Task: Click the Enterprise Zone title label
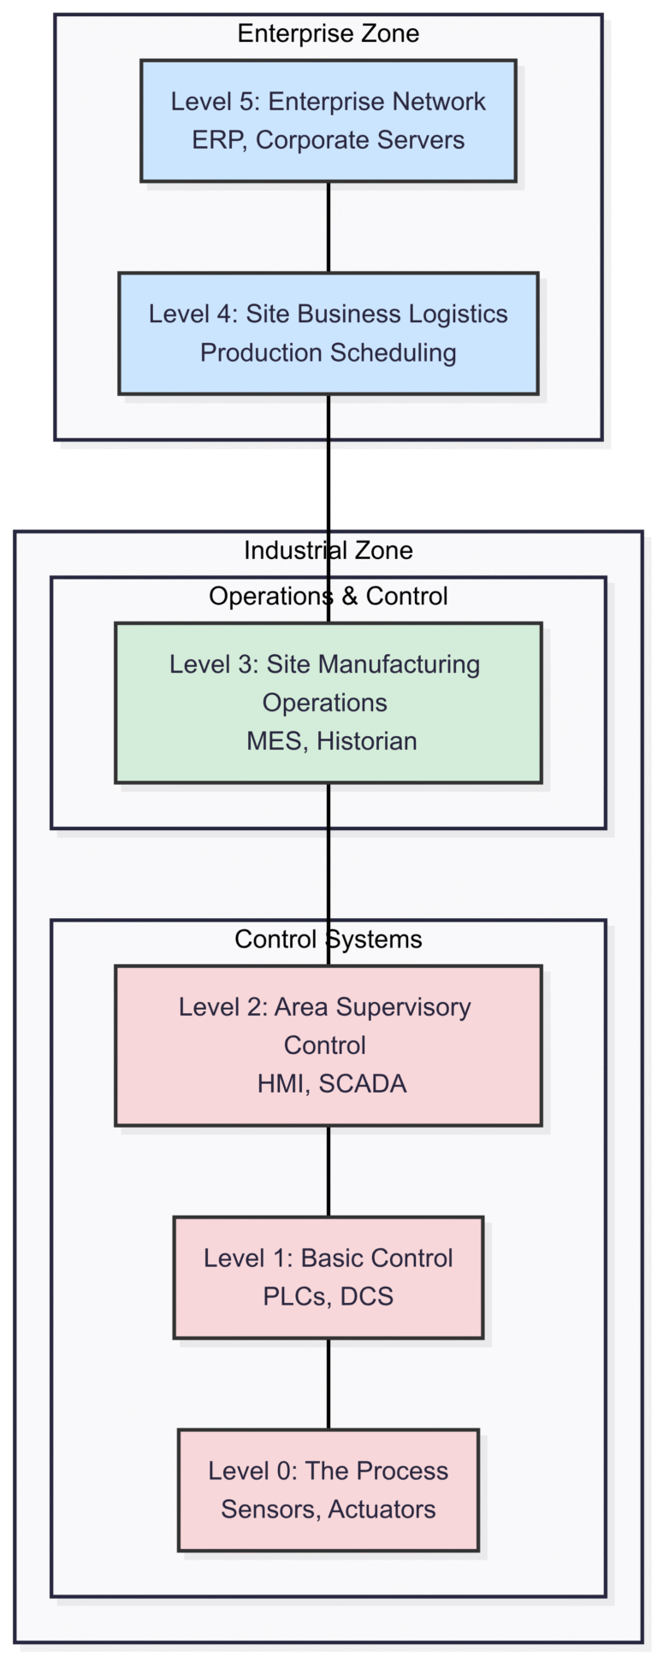coord(328,33)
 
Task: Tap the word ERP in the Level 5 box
coord(217,140)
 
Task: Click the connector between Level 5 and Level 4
coord(328,227)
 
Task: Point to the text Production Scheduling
coord(328,352)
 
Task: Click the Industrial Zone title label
coord(328,551)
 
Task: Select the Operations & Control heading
coord(328,596)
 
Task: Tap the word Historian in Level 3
coord(367,740)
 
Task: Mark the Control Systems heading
coord(328,939)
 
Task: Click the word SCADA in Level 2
coord(362,1083)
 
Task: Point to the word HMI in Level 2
coord(283,1083)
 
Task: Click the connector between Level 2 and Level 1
coord(328,1170)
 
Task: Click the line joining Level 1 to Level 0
coord(328,1383)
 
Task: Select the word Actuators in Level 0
coord(382,1509)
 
